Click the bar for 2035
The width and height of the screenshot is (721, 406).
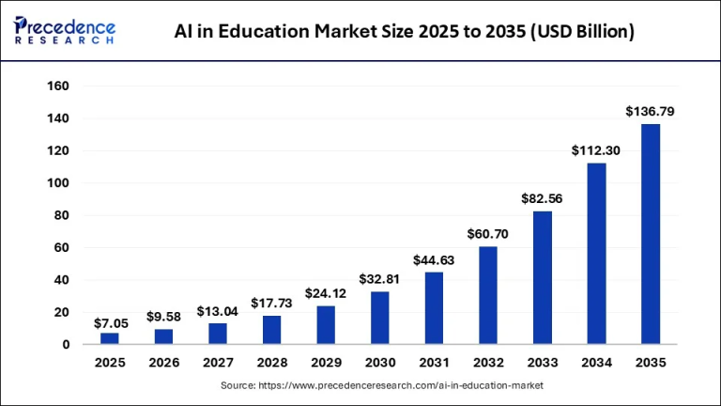651,234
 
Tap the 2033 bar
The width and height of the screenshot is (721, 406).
542,277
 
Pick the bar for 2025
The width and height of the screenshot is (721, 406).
109,338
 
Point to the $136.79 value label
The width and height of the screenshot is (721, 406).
651,112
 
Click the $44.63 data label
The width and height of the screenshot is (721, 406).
434,260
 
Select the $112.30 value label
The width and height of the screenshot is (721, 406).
596,150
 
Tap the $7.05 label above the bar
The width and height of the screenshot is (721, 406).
109,322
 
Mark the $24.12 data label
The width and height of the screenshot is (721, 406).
325,293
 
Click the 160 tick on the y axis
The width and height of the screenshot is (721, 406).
57,86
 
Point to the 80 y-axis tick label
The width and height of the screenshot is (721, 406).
61,215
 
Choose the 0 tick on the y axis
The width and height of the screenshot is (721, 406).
66,344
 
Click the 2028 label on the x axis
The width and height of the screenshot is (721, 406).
271,362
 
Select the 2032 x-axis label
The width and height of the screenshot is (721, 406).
488,362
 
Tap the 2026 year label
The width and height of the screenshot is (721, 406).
163,362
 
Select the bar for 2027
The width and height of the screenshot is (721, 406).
217,334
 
